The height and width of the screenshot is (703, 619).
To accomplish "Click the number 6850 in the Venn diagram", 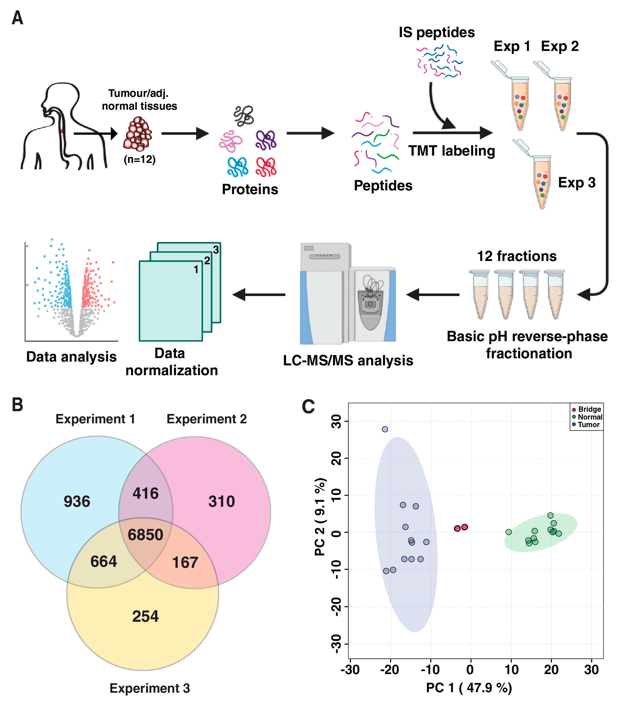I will [145, 535].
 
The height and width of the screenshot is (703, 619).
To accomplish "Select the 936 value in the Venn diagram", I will [77, 502].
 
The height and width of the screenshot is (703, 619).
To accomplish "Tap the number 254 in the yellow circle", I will [145, 616].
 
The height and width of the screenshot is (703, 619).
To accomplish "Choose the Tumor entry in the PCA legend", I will [588, 424].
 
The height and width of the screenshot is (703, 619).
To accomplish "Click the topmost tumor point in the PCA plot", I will [385, 429].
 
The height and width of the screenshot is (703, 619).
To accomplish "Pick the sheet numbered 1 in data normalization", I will [170, 301].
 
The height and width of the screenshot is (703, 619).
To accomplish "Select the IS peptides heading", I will [436, 32].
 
